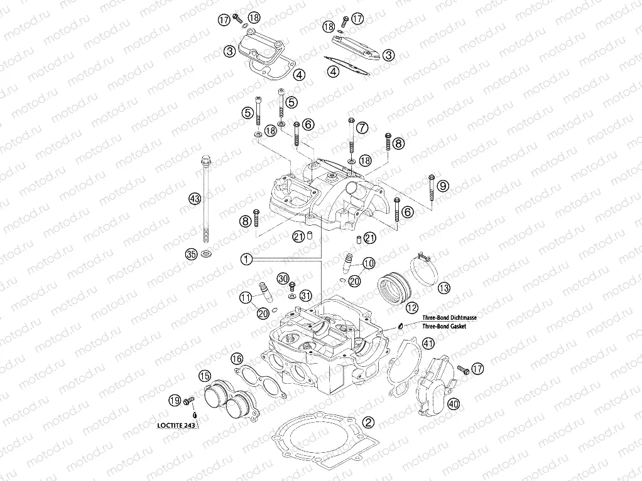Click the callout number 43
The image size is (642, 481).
point(194,199)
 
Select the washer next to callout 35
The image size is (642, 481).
point(206,254)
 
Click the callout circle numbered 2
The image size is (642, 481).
point(369,422)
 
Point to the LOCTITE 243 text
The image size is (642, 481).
point(175,425)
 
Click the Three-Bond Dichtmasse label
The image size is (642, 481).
point(449,319)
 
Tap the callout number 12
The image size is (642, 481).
point(411,307)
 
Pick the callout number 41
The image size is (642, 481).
point(428,343)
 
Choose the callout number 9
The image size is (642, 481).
point(443,186)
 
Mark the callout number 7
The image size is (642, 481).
point(362,127)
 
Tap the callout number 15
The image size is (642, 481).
point(204,376)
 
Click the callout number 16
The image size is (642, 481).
point(236,358)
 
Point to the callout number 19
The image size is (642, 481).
point(175,399)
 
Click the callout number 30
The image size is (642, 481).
point(283,278)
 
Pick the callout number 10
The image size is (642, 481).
point(368,263)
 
